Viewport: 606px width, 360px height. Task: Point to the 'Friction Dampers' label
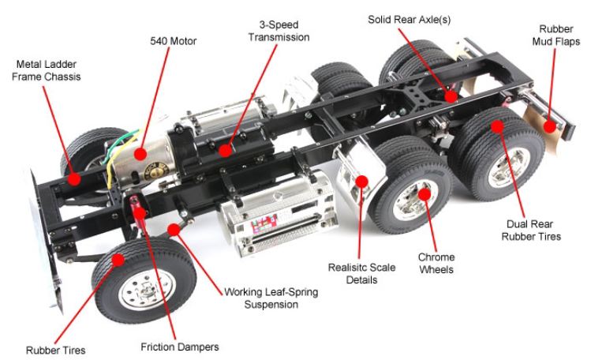179,346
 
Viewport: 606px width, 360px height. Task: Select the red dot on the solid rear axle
451,97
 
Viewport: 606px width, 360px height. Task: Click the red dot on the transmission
226,149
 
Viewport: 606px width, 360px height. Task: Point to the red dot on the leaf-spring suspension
173,230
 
